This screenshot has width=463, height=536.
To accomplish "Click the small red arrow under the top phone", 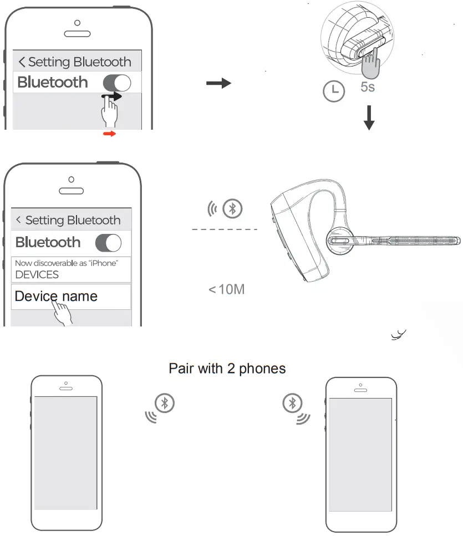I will coord(110,134).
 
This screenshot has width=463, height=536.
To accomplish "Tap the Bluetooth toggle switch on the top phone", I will coord(117,83).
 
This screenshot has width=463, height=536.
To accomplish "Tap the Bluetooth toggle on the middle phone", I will coord(108,243).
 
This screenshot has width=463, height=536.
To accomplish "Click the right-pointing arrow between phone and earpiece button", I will coord(218,84).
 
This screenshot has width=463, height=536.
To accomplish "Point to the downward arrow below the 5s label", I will coord(369,119).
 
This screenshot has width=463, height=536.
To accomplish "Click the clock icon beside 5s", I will coord(333,91).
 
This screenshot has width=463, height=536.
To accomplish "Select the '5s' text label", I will coord(367,87).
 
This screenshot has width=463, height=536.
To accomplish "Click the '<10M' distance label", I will coord(226,289).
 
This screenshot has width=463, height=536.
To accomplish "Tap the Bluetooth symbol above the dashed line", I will coord(232,208).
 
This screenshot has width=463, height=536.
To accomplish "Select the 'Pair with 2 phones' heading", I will coord(227,369).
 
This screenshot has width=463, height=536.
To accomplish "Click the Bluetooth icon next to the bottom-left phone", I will coord(165,403).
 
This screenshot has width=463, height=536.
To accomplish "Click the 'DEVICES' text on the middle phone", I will coord(37,275).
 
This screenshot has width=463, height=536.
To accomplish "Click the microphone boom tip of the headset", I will coord(456,241).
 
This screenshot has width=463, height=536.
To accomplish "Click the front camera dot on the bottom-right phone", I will coord(362,382).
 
